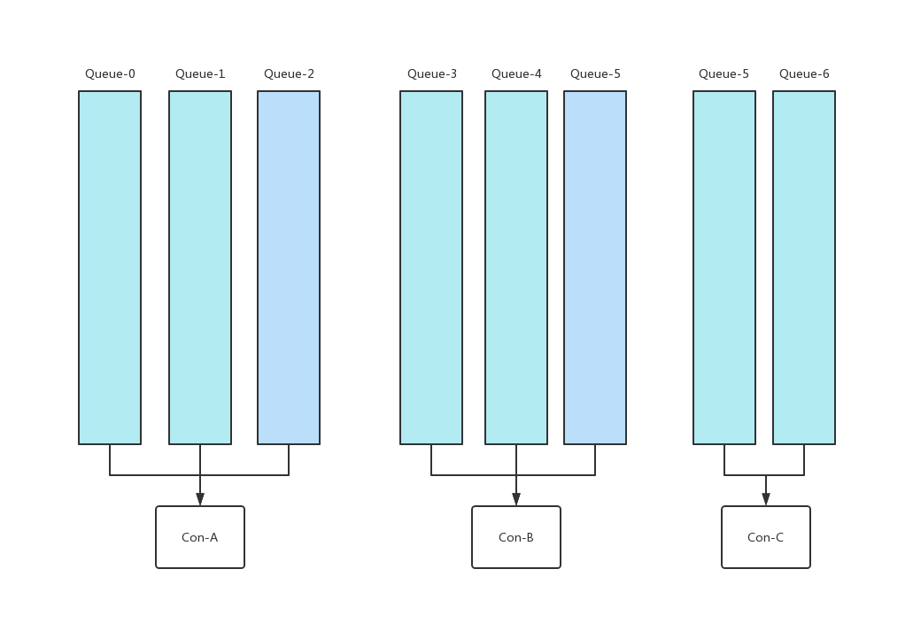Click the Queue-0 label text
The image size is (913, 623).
(x=110, y=74)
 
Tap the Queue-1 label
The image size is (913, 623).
(x=200, y=74)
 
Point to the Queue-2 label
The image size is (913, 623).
(x=289, y=74)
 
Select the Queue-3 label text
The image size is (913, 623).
(x=432, y=74)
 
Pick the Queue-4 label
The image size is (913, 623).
(x=516, y=74)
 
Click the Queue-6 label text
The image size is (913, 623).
(x=804, y=74)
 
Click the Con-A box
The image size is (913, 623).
(x=200, y=537)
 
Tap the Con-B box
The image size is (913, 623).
(x=516, y=537)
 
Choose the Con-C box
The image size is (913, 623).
(x=766, y=537)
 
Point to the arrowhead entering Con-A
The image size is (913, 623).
(x=200, y=500)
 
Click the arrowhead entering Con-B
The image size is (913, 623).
(x=516, y=500)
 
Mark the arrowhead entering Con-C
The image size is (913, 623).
(x=766, y=500)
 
